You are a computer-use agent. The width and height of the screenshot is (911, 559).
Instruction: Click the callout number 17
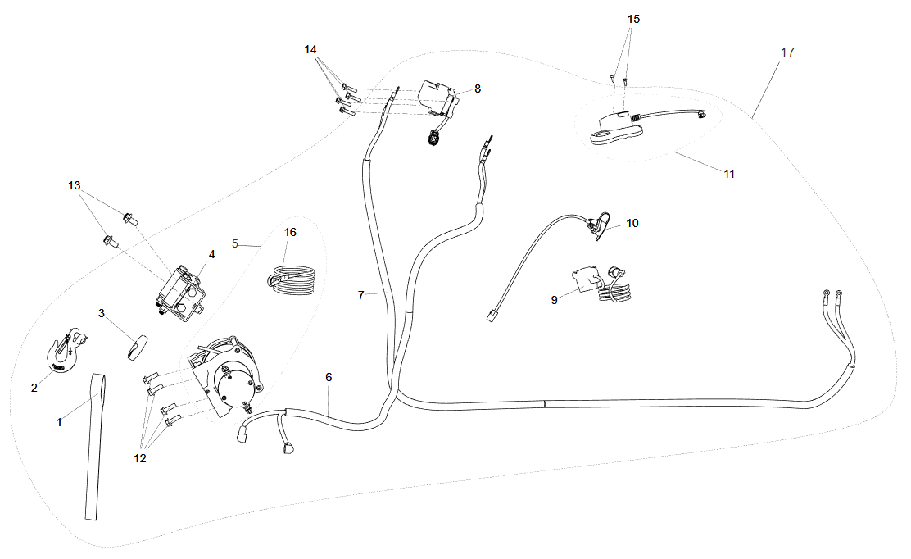(786, 52)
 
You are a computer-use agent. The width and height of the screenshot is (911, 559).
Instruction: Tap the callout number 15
(634, 18)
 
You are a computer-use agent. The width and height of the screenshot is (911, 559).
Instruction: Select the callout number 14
(310, 49)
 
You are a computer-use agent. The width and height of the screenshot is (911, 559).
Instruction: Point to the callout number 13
(75, 186)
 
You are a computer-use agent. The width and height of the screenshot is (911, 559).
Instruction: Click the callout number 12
(140, 458)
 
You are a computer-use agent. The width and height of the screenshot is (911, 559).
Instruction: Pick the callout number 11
(729, 174)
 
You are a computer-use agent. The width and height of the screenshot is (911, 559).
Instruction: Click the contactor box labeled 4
(181, 291)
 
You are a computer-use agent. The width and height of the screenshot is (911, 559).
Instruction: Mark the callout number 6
(329, 378)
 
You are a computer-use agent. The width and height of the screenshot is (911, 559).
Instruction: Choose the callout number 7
(360, 294)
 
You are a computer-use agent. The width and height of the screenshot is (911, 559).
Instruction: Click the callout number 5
(235, 243)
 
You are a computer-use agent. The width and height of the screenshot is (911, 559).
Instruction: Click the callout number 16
(290, 232)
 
